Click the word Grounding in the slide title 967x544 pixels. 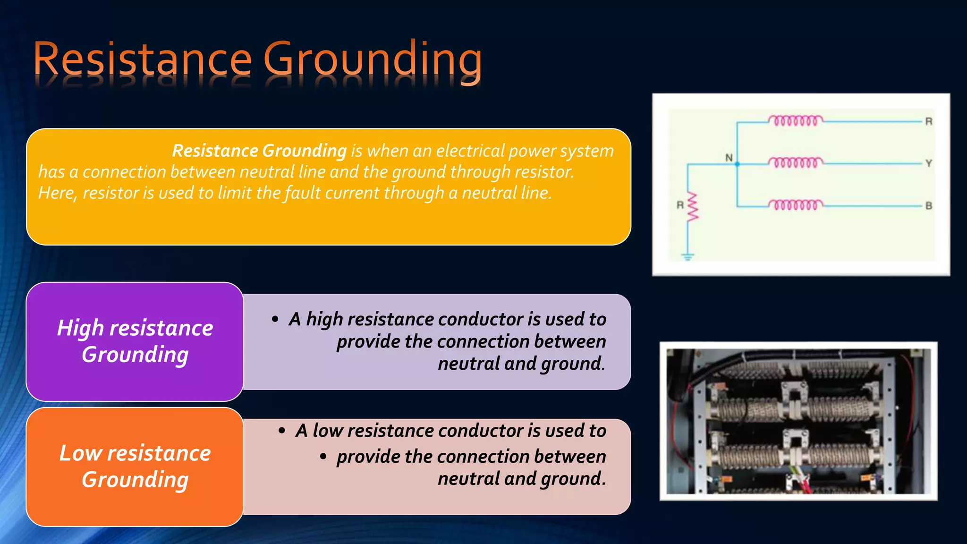point(373,60)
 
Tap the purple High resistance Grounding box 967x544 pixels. point(135,341)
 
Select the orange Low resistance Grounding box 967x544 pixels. point(135,467)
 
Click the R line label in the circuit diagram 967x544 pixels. point(928,121)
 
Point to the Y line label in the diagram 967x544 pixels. point(928,163)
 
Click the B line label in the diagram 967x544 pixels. point(928,206)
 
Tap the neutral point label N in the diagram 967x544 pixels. point(729,158)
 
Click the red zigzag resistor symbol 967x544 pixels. point(692,206)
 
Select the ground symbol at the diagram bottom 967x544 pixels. point(687,256)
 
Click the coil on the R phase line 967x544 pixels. point(796,121)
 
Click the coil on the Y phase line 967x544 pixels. point(796,163)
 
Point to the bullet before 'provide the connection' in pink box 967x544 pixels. point(323,457)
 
